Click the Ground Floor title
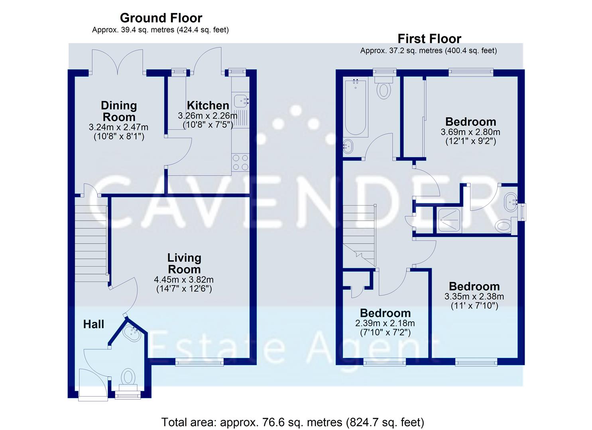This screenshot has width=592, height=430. [x=161, y=18]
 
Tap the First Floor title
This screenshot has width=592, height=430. [x=429, y=39]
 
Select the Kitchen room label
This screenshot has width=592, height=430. [x=208, y=106]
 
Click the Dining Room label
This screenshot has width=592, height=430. [x=118, y=111]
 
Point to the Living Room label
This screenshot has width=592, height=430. [x=184, y=263]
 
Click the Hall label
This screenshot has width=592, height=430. [x=94, y=324]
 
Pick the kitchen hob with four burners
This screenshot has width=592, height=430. [x=240, y=162]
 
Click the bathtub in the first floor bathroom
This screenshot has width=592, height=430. [x=355, y=107]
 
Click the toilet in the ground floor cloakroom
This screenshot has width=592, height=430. [x=128, y=378]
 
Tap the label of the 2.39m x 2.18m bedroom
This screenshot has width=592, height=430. [x=385, y=313]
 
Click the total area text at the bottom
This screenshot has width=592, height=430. [x=293, y=422]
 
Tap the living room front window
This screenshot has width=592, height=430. [x=199, y=362]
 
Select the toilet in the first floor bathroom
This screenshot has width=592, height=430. [x=384, y=88]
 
